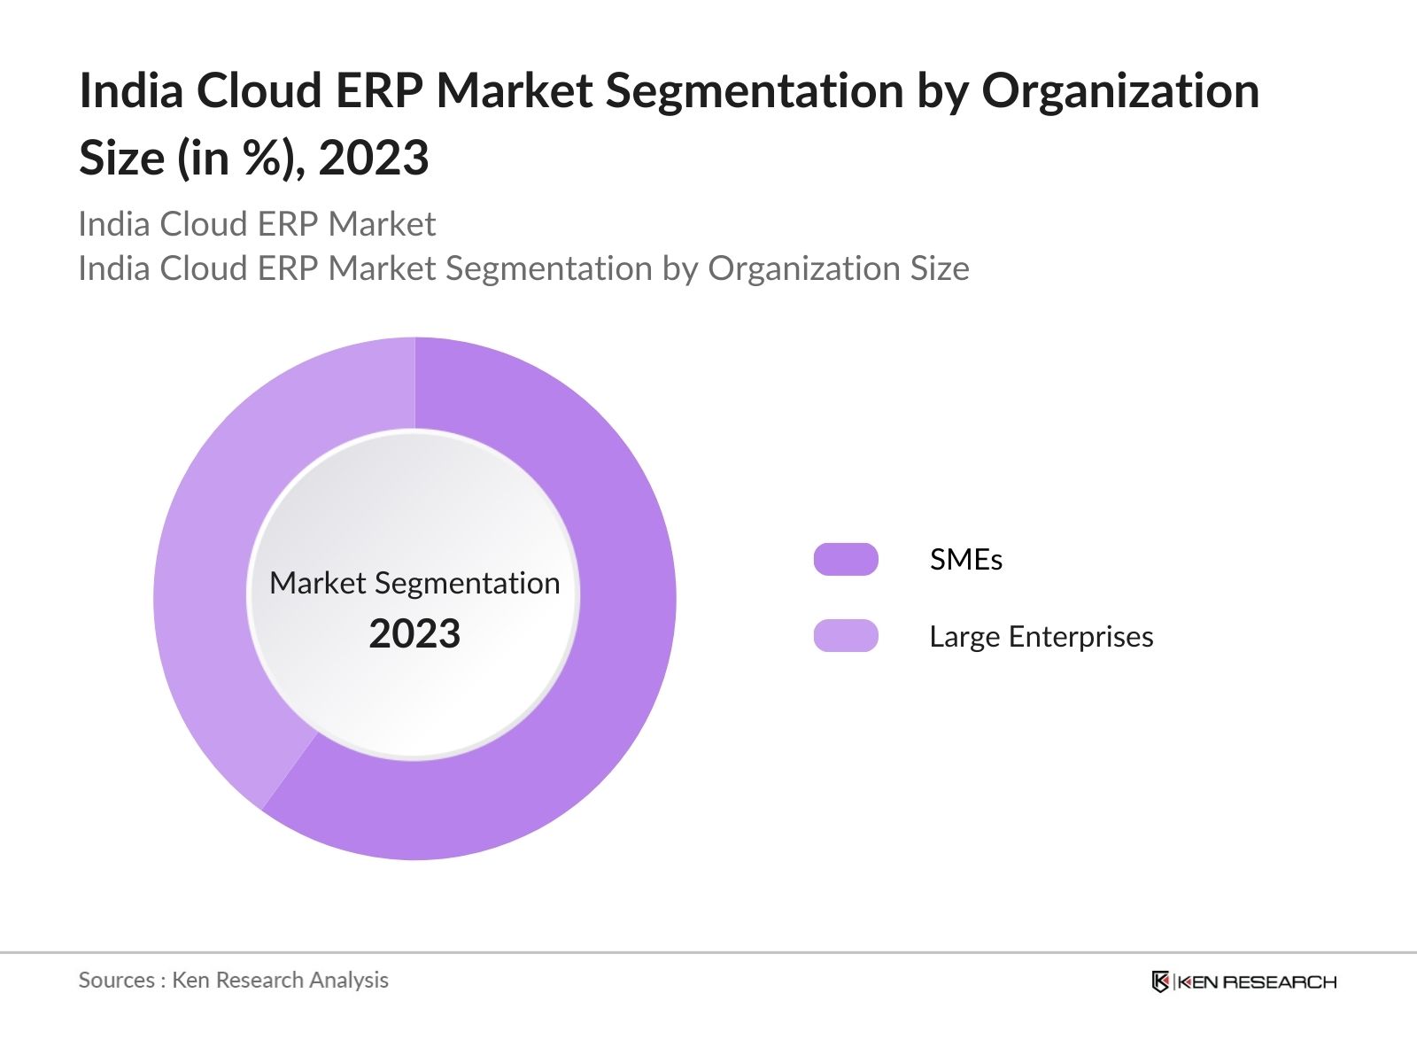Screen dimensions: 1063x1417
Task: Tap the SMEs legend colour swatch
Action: (x=846, y=560)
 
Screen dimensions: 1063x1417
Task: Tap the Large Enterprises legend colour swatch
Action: (x=846, y=636)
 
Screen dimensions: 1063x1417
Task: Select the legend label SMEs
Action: (x=965, y=560)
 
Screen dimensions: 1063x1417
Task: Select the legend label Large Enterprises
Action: (x=1041, y=637)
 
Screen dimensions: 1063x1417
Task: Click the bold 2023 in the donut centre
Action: (x=414, y=634)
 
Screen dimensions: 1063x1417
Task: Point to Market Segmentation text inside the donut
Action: (x=414, y=583)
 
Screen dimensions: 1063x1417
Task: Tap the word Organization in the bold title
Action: (x=1120, y=90)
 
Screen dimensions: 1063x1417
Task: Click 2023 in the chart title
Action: (x=374, y=158)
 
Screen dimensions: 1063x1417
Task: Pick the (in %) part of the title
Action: (x=241, y=158)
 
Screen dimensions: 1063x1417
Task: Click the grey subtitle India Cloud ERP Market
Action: (x=257, y=224)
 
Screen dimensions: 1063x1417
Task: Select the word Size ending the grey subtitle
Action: (x=940, y=268)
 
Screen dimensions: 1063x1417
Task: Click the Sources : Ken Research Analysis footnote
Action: (x=233, y=980)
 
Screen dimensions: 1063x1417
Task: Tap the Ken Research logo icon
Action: (x=1160, y=982)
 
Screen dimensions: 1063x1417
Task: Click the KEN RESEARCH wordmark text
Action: (x=1256, y=982)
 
